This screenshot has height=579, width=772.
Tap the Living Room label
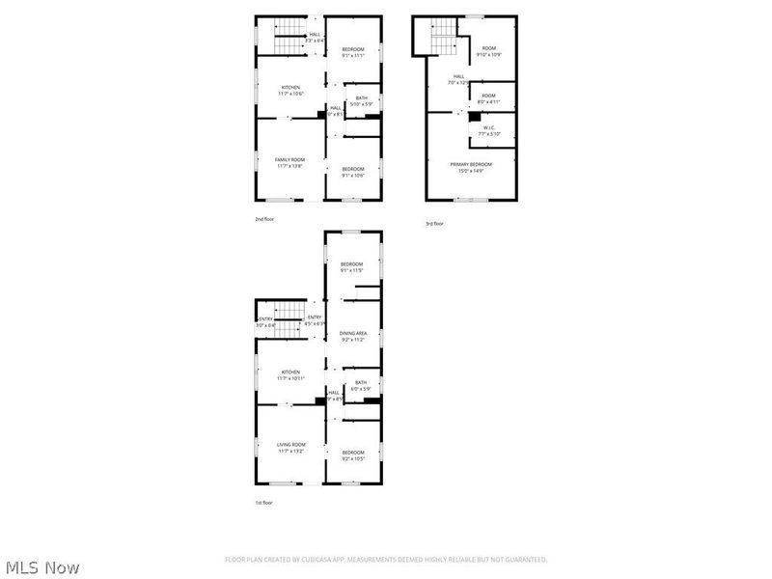(x=291, y=444)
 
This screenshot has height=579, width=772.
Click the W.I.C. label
(x=488, y=128)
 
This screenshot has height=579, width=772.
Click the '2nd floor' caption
(x=264, y=219)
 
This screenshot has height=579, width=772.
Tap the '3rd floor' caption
(x=435, y=224)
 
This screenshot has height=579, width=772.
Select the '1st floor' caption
(x=263, y=503)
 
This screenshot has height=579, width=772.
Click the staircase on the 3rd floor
(x=442, y=41)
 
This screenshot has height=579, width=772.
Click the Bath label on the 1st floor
(x=361, y=382)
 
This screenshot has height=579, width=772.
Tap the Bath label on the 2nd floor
(x=361, y=97)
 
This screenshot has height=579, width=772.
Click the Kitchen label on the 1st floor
(x=290, y=372)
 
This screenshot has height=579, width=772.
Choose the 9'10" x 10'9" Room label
(x=489, y=48)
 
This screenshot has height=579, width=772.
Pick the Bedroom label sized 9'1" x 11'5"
(x=351, y=264)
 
